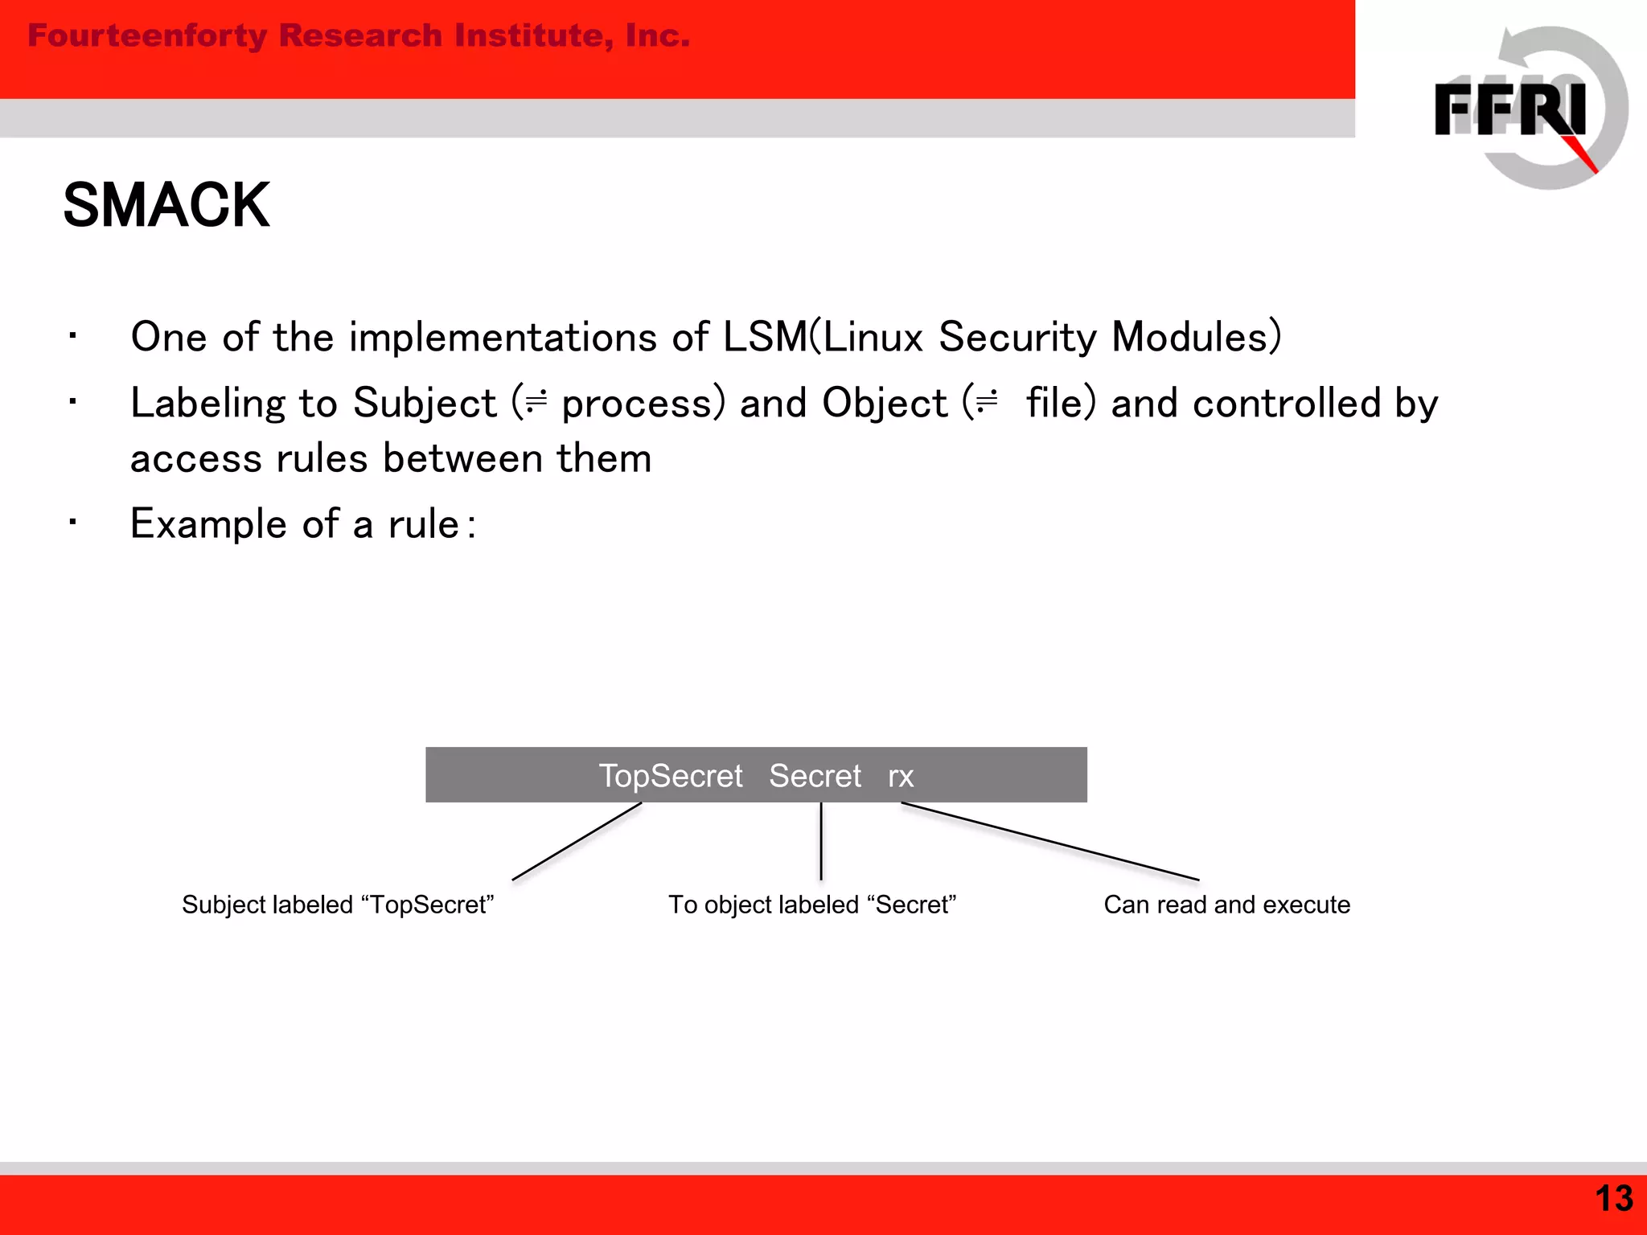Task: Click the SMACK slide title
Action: (166, 206)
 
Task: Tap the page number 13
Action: (1613, 1199)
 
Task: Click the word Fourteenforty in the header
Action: (147, 36)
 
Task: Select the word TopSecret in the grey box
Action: (671, 776)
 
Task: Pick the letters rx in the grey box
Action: (901, 777)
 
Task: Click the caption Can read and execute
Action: (1226, 905)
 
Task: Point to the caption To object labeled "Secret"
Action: (812, 905)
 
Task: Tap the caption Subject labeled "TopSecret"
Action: (338, 905)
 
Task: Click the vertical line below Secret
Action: (821, 841)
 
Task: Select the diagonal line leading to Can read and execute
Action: (1049, 842)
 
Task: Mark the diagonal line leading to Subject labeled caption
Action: (577, 841)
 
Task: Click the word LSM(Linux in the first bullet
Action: (823, 337)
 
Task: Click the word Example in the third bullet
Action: (208, 524)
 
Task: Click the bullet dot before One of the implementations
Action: (72, 336)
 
